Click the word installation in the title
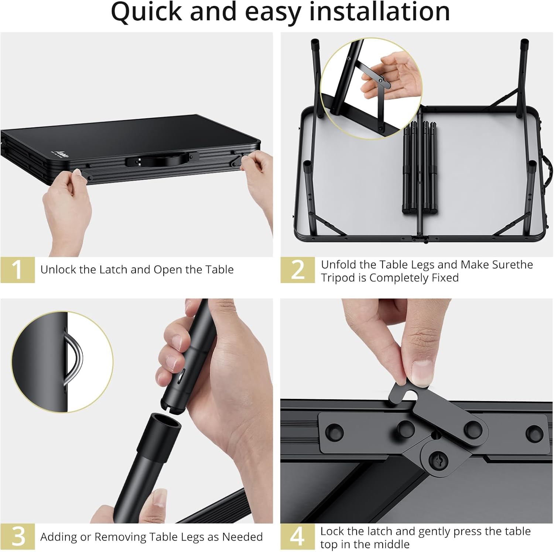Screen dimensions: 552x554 click(x=379, y=12)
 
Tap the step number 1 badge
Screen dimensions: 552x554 click(x=17, y=270)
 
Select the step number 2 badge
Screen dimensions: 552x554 click(x=298, y=270)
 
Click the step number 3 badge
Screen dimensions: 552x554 click(x=17, y=537)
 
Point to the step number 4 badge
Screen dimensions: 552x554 click(x=298, y=537)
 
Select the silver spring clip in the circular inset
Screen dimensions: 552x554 click(x=74, y=358)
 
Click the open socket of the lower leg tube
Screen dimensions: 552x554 click(x=165, y=421)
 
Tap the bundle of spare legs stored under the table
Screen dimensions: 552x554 click(x=420, y=168)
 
